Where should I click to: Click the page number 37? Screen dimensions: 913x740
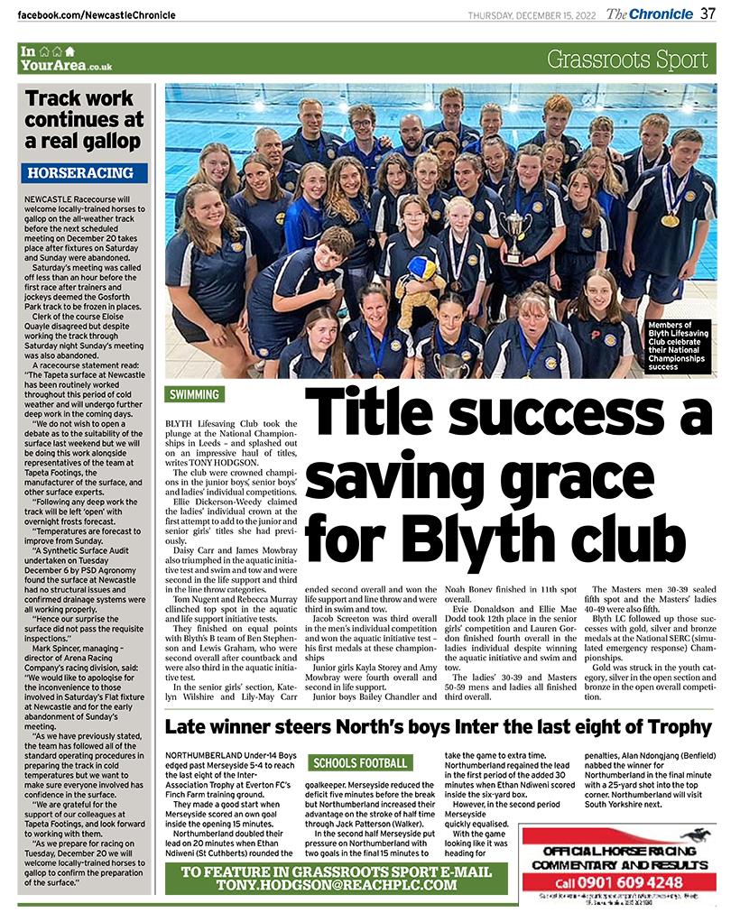[708, 14]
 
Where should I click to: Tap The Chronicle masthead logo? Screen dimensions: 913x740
[650, 14]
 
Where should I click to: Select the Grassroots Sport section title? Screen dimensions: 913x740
[627, 60]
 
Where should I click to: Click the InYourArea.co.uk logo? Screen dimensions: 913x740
[66, 59]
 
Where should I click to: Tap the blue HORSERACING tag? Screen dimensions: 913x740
[82, 172]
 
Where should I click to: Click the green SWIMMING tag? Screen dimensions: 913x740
[195, 394]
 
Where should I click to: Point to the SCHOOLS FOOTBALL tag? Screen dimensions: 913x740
[359, 763]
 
